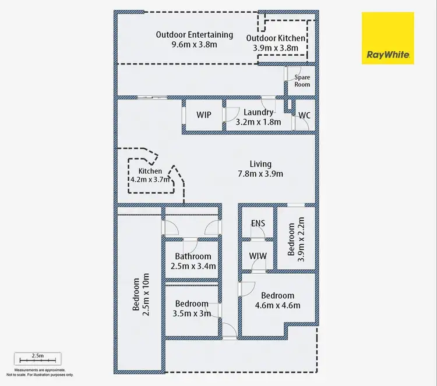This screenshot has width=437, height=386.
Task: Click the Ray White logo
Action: (387, 38)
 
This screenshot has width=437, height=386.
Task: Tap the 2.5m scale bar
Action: (38, 360)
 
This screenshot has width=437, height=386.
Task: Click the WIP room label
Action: (204, 115)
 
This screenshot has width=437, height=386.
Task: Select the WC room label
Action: (304, 115)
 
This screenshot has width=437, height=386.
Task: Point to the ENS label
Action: (258, 223)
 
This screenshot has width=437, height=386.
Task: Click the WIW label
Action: (258, 256)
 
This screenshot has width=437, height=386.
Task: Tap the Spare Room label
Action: (302, 81)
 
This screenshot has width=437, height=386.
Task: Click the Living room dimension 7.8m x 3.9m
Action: (260, 174)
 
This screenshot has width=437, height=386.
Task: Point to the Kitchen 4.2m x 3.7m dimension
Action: (150, 180)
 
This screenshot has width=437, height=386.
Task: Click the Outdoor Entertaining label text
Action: (194, 35)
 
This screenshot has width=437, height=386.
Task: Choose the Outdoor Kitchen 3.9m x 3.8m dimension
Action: (276, 48)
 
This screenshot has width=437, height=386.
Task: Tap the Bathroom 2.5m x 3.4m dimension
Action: (193, 266)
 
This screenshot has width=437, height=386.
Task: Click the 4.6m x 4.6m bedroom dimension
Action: (277, 305)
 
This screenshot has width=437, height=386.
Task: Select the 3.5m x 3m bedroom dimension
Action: (192, 314)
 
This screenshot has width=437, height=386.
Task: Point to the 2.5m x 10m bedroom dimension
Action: (146, 295)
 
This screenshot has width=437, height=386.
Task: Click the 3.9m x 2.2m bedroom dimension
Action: (301, 240)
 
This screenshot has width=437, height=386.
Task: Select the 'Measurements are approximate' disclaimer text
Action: (40, 370)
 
